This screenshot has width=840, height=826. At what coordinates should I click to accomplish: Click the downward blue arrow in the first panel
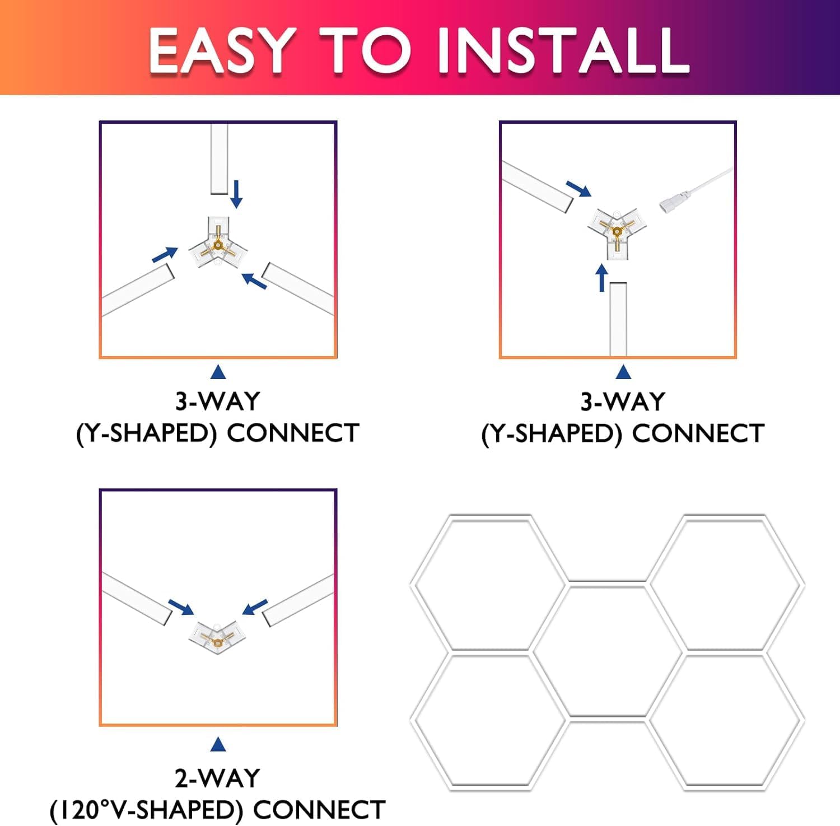[237, 194]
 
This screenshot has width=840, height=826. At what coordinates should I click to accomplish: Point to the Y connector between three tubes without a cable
[218, 242]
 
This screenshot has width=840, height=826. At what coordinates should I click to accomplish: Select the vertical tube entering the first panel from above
[219, 159]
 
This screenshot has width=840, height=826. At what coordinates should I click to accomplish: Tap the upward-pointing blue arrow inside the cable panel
[602, 278]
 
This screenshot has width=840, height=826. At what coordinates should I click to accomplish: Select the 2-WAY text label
[218, 778]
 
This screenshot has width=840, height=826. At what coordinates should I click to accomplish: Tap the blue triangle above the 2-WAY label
[218, 745]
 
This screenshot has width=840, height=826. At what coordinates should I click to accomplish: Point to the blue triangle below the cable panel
[623, 372]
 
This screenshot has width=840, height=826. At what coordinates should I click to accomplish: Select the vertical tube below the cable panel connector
[618, 319]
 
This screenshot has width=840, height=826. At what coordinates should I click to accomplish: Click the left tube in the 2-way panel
[137, 598]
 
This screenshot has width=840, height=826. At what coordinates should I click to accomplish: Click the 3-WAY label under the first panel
[218, 401]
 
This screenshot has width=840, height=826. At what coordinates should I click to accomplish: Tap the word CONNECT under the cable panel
[698, 433]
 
